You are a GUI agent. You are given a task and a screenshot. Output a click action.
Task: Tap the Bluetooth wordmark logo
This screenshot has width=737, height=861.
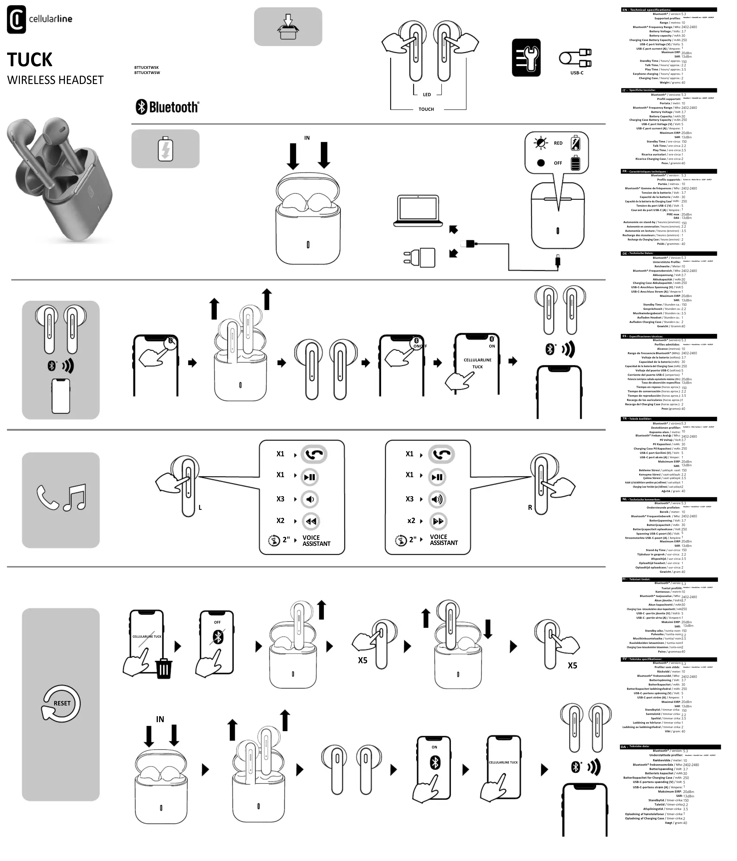point(167,107)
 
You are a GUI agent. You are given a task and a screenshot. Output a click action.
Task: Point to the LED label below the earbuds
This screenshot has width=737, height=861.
point(427,95)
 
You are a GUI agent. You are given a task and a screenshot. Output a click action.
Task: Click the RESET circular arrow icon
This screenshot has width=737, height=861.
point(61,703)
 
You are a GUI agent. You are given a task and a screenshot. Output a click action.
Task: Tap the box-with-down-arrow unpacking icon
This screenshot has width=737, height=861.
point(288,27)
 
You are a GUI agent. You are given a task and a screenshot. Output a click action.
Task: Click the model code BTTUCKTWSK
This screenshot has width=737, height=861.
point(146,67)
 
